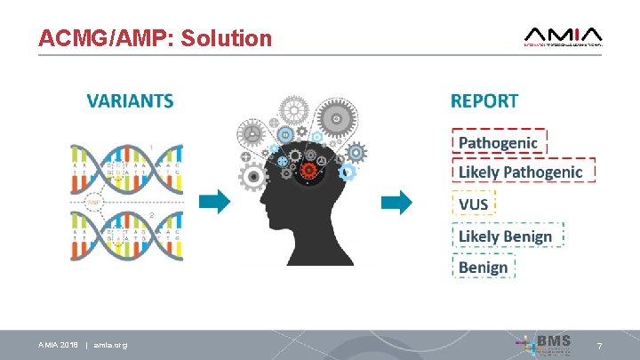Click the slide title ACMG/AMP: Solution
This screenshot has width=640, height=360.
(155, 38)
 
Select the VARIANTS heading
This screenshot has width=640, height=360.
(130, 100)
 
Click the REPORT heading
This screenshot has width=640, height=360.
(484, 100)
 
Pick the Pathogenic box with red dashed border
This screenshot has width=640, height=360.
(499, 142)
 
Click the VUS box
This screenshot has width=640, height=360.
(473, 204)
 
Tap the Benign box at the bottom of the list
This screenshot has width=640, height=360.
(484, 267)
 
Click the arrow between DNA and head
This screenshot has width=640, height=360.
(213, 203)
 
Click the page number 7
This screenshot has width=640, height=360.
(600, 345)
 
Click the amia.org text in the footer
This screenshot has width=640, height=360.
(109, 345)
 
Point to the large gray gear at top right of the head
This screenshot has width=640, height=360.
(336, 117)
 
